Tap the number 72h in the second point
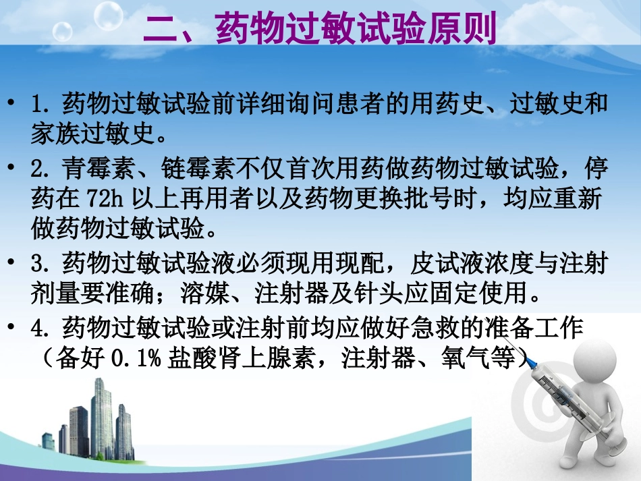pyautogui.click(x=103, y=199)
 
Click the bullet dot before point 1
pyautogui.click(x=13, y=104)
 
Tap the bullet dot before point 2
pyautogui.click(x=13, y=167)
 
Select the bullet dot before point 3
pyautogui.click(x=13, y=262)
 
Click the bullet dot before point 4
pyautogui.click(x=13, y=328)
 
